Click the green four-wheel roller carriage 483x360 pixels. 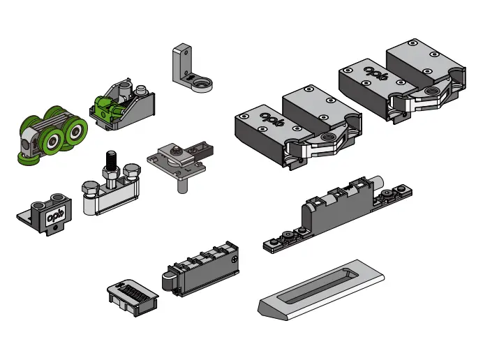click(x=52, y=135)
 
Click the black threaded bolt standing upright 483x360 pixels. click(x=112, y=160)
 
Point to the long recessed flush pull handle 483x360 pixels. click(x=321, y=290)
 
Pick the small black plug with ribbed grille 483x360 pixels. click(x=133, y=297)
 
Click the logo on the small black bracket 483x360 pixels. click(x=55, y=216)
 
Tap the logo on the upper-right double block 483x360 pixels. click(x=376, y=73)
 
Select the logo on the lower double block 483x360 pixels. click(x=272, y=119)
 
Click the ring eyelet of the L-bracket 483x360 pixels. click(x=202, y=84)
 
